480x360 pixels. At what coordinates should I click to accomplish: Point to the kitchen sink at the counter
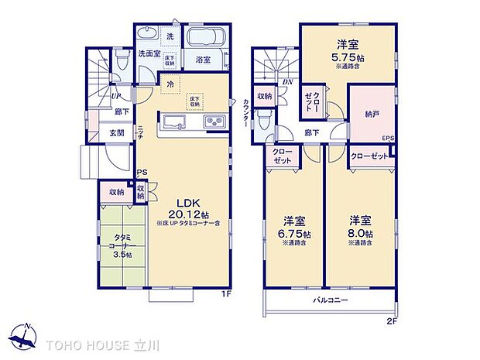[x=173, y=122]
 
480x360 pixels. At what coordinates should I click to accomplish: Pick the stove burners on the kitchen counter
[x=213, y=122]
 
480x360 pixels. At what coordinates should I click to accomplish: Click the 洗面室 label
[x=149, y=54]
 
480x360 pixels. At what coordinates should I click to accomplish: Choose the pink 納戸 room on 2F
[x=371, y=113]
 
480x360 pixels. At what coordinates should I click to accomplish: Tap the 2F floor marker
[x=393, y=319]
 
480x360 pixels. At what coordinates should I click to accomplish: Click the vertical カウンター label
[x=246, y=113]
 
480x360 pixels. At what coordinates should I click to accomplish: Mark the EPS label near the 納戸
[x=387, y=138]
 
